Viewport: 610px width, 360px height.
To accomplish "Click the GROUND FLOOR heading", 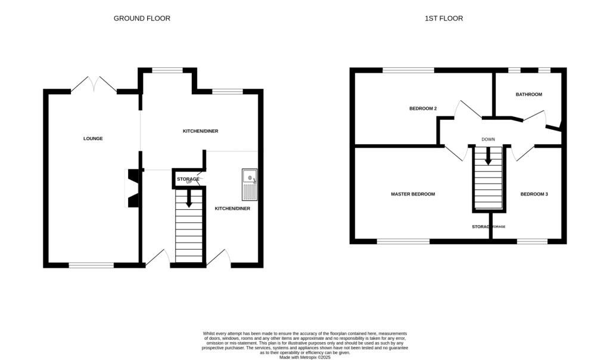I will [x=142, y=18].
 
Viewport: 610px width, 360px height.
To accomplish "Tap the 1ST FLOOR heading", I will [x=444, y=18].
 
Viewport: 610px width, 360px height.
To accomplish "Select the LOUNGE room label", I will [x=93, y=139].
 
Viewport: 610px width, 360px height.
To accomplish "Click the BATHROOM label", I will [x=529, y=94].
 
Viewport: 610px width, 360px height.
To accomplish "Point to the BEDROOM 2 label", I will [x=423, y=108].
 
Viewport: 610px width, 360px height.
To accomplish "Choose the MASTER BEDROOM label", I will [x=413, y=194].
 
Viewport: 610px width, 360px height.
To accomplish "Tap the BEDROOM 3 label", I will [x=534, y=194].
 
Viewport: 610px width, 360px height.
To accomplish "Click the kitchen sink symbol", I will [x=249, y=184].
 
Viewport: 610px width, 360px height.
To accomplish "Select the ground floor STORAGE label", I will [x=188, y=179].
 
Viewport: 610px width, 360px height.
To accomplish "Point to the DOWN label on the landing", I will [x=488, y=139].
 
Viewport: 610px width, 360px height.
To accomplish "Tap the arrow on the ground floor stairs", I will [x=189, y=199].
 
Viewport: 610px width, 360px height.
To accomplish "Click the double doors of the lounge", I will [x=95, y=84].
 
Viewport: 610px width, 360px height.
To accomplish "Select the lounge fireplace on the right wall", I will [x=133, y=188].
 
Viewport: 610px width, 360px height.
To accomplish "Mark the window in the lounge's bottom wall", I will [x=91, y=265].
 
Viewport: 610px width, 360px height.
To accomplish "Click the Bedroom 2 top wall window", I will [x=408, y=70].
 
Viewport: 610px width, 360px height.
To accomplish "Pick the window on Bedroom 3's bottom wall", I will [x=532, y=241].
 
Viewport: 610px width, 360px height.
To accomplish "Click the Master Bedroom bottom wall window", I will [x=403, y=241].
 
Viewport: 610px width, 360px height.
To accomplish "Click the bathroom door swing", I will [x=534, y=117].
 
